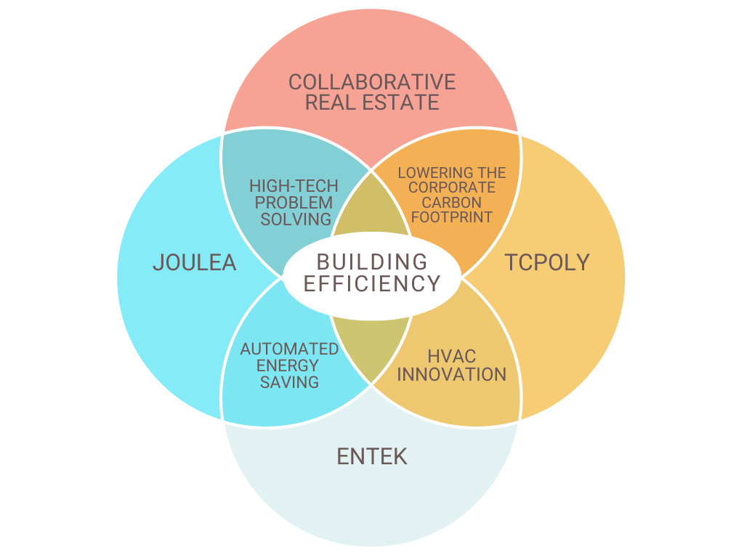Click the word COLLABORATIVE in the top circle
coord(372,82)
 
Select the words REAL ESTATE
coord(372,102)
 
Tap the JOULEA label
coord(195,262)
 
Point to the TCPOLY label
coord(547,262)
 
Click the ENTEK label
coord(372,456)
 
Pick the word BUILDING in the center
coord(372,262)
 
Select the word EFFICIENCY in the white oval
coord(372,283)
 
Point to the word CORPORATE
coord(451,187)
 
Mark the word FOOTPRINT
coord(452,217)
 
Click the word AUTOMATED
coord(289,349)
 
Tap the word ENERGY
coord(289,365)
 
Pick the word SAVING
coord(289,381)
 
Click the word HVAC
coord(451,357)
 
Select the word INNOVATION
coord(451,374)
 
